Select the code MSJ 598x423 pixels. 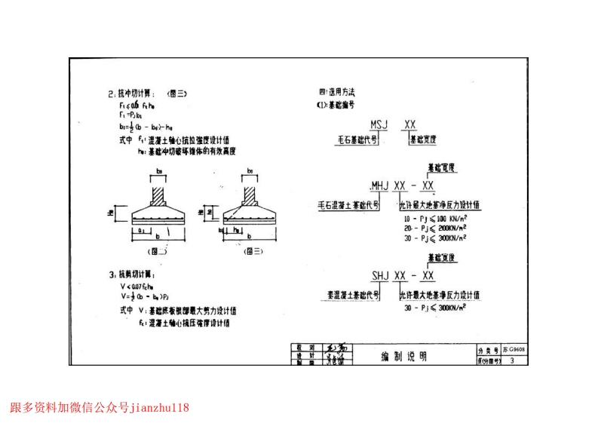tap(380, 124)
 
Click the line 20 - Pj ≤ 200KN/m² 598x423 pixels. tap(435, 227)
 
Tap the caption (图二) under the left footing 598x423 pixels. tap(158, 250)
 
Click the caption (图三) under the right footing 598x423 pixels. tap(253, 250)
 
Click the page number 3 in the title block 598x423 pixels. tap(513, 361)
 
